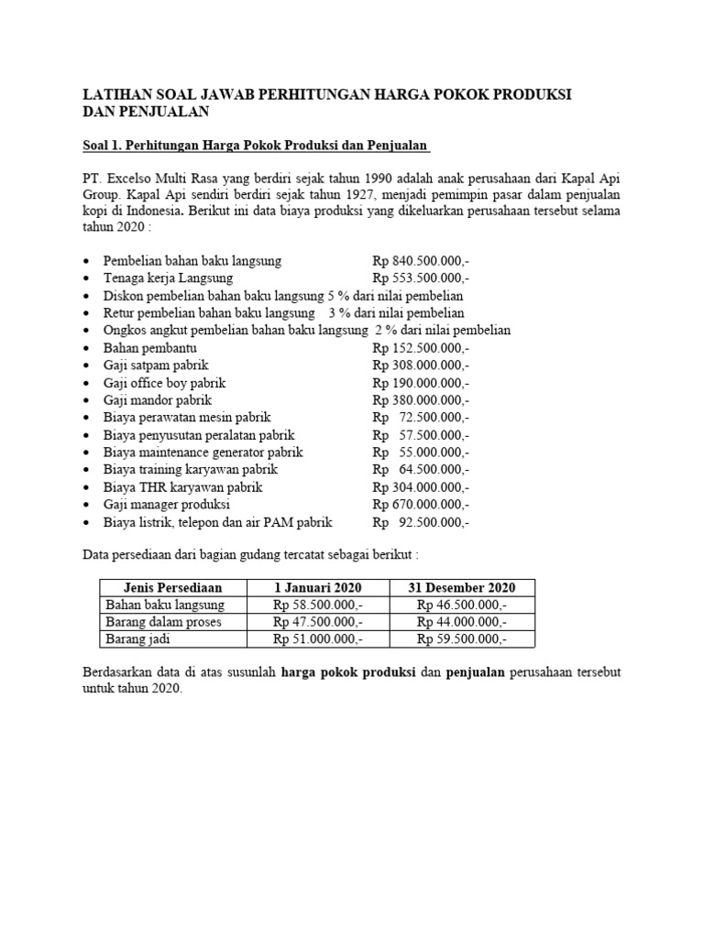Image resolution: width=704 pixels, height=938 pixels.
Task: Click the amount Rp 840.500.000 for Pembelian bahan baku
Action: click(x=421, y=261)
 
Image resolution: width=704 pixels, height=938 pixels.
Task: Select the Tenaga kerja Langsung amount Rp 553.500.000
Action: click(x=421, y=278)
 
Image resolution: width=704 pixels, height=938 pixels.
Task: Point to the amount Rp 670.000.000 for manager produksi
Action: click(x=421, y=505)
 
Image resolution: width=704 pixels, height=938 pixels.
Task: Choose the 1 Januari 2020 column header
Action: click(x=317, y=587)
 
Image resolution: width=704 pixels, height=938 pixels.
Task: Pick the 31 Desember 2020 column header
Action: click(x=461, y=587)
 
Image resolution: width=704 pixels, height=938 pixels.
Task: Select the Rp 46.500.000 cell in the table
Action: click(x=461, y=605)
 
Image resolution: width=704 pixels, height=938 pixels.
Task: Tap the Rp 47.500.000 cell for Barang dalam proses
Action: click(x=317, y=622)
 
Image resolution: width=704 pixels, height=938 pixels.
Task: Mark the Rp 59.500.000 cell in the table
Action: click(x=461, y=639)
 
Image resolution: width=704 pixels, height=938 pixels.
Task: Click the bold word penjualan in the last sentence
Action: click(x=476, y=672)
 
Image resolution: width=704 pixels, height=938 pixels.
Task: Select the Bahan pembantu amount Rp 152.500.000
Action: click(x=421, y=348)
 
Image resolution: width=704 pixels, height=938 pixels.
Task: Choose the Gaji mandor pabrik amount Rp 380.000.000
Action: click(x=421, y=400)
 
